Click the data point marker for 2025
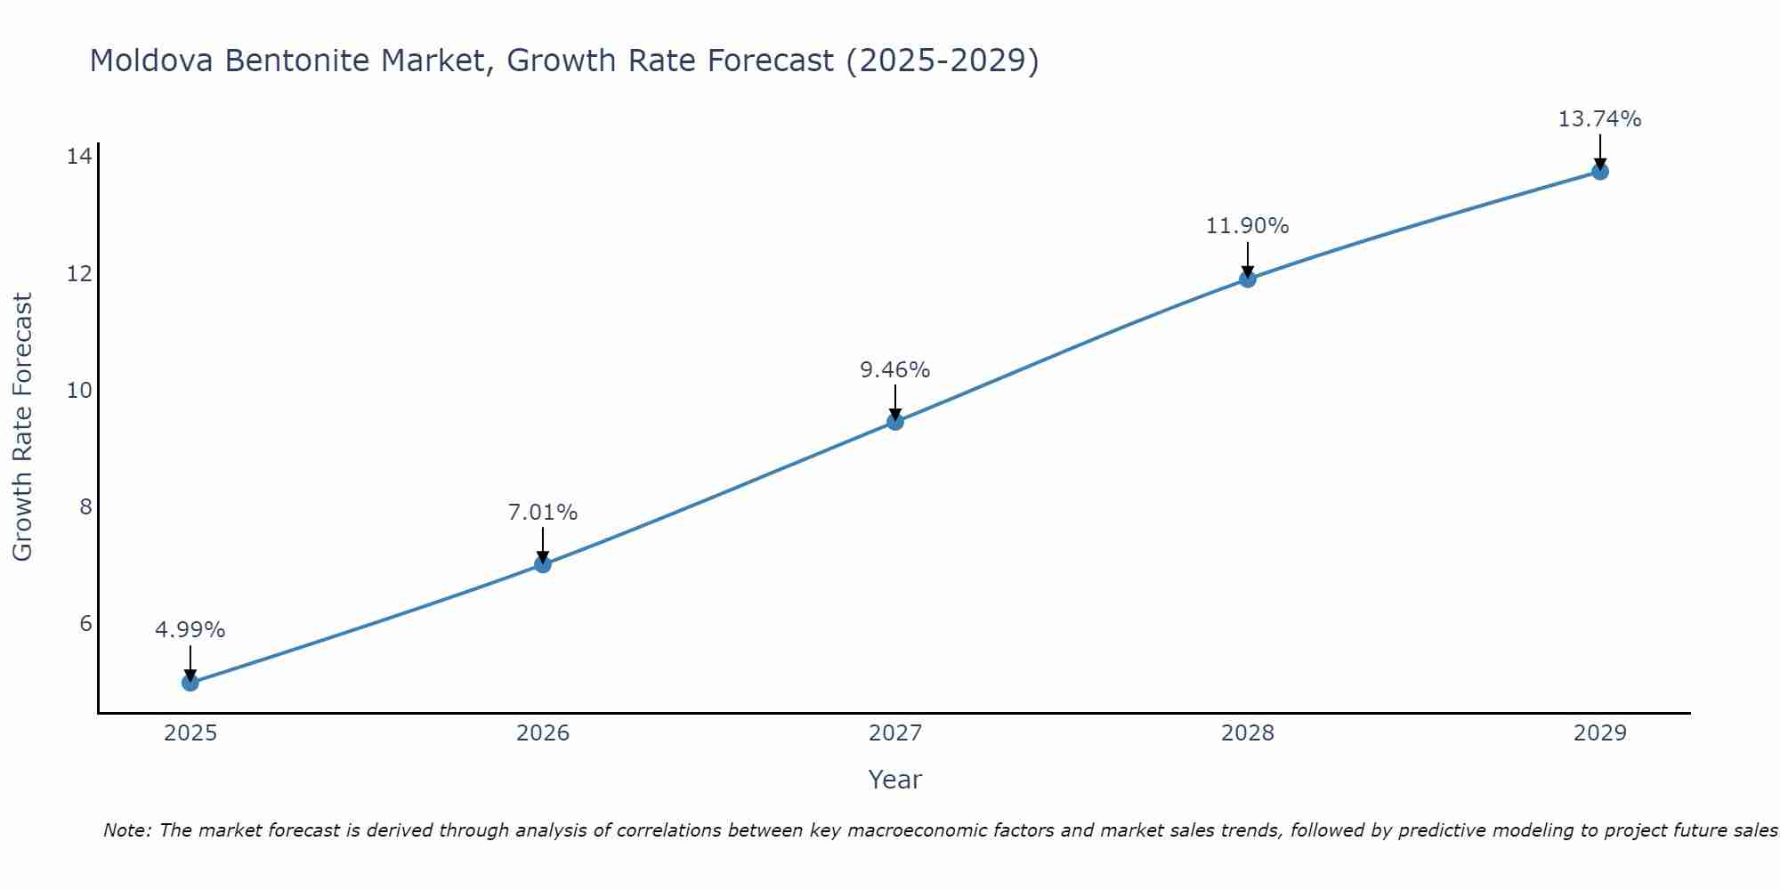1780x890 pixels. click(x=190, y=683)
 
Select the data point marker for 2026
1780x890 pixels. click(x=543, y=563)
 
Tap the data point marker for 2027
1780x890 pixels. click(x=895, y=421)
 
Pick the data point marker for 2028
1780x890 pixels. click(x=1248, y=279)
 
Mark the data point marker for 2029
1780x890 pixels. click(x=1600, y=172)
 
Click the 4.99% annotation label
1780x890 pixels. click(x=190, y=630)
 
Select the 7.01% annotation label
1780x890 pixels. click(x=543, y=513)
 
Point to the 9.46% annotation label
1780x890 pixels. click(x=895, y=369)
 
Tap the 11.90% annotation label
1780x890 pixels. click(x=1248, y=226)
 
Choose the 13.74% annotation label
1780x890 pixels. click(x=1600, y=119)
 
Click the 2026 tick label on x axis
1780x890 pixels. click(x=543, y=733)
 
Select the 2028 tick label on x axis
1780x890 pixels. click(x=1248, y=733)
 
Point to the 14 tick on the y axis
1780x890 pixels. click(x=79, y=157)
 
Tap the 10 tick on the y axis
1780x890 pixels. click(x=79, y=390)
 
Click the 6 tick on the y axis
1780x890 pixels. click(x=85, y=623)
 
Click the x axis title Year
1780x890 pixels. click(x=895, y=780)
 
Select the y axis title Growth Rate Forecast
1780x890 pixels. click(x=23, y=427)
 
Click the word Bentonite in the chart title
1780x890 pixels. click(x=298, y=61)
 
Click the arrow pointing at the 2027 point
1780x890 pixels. click(x=895, y=402)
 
